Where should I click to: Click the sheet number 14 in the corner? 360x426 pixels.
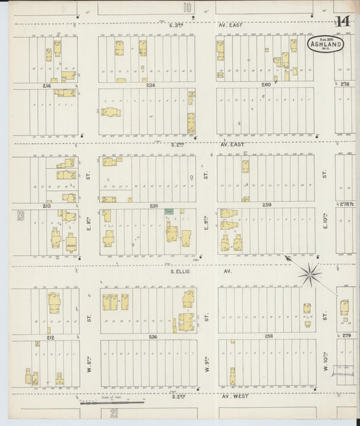343,22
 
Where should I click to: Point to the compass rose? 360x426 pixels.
311,273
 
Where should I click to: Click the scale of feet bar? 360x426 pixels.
125,402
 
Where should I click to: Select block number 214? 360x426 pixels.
47,86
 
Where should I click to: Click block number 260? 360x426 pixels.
265,85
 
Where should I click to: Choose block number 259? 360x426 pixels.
267,205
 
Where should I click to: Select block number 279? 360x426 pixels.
346,336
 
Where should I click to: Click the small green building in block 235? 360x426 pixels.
170,211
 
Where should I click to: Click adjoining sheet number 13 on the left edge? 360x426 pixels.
21,216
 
